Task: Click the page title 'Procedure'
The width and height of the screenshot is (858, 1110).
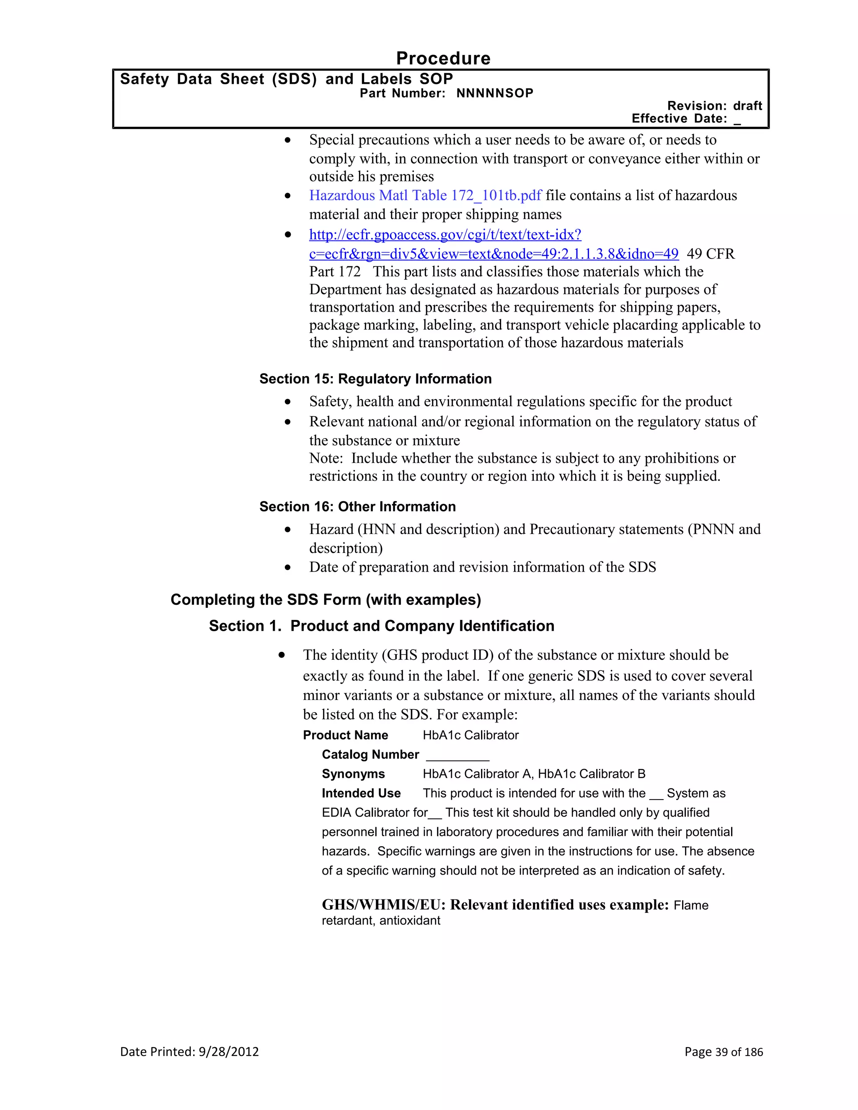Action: [443, 58]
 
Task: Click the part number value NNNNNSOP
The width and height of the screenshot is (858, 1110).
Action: [495, 93]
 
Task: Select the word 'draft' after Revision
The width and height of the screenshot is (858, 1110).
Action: [747, 106]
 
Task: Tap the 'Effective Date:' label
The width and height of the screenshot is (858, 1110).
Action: [679, 119]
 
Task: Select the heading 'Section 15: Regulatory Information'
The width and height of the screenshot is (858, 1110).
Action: [375, 379]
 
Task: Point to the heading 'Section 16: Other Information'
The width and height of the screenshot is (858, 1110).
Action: [357, 507]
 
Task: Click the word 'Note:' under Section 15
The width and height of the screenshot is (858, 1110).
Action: [326, 458]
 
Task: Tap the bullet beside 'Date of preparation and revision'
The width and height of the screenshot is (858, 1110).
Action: [288, 568]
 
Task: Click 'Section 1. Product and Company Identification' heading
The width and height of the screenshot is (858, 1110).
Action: [381, 626]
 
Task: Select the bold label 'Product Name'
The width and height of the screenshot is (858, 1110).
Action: [345, 736]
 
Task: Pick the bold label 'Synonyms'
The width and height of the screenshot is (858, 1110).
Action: [353, 774]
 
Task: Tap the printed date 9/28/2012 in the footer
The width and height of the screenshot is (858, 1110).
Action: [229, 1051]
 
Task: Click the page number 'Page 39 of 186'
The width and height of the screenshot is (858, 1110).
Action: [723, 1051]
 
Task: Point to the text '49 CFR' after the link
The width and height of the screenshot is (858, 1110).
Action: [710, 254]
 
